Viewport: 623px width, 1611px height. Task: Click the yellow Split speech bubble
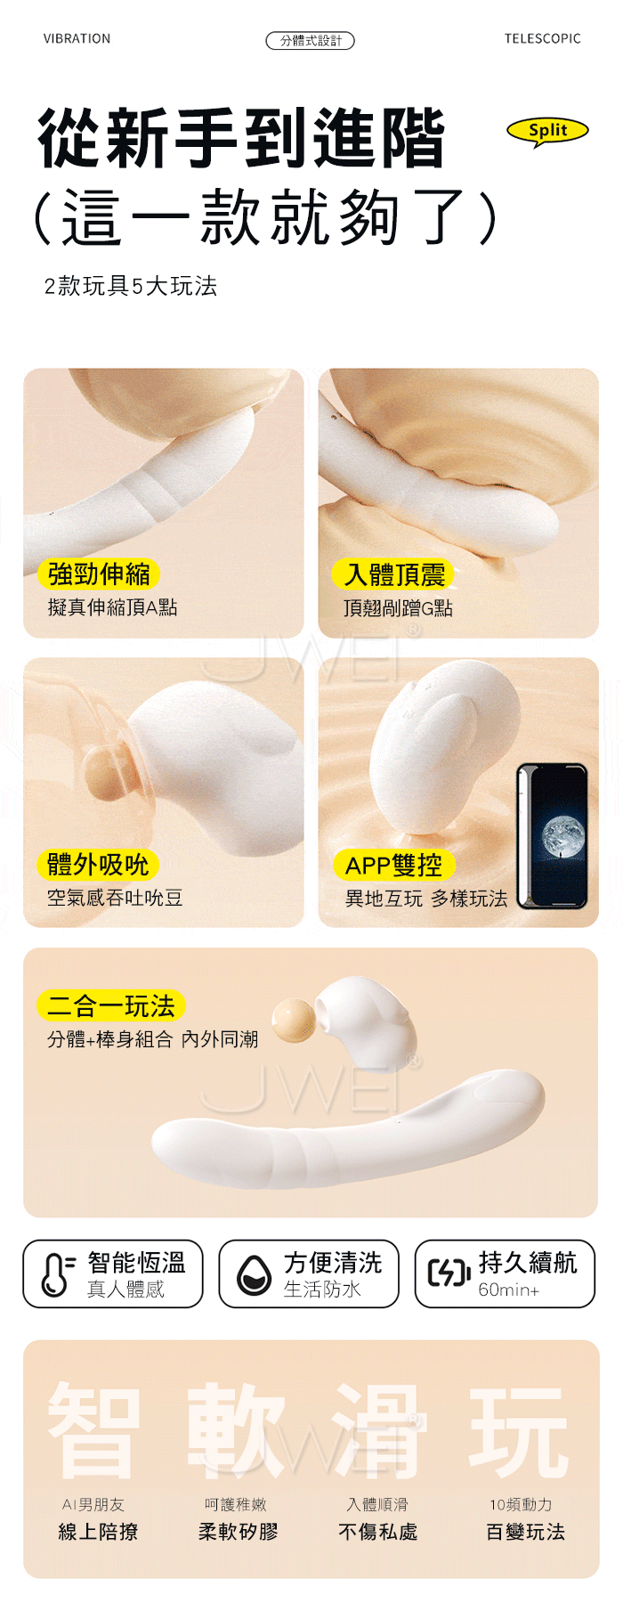pos(547,131)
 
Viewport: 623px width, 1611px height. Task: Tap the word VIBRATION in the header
pos(77,39)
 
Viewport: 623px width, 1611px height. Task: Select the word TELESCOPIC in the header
pos(542,39)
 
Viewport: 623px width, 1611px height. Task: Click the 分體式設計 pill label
pos(311,40)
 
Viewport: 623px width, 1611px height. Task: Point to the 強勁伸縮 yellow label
pos(99,574)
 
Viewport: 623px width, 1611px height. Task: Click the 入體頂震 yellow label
pos(394,574)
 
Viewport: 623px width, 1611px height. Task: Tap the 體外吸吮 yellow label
pos(98,864)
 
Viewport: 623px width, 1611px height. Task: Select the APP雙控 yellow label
pos(393,865)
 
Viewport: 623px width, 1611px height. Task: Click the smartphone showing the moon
pos(552,835)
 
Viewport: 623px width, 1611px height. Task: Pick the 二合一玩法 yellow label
pos(111,1006)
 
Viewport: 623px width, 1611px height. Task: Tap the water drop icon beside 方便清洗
pos(254,1274)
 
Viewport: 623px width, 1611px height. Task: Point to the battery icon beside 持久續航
pos(449,1273)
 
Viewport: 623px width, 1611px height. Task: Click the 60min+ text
pos(508,1290)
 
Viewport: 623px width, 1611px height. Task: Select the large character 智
pos(93,1431)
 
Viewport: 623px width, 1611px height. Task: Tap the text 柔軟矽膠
pos(238,1532)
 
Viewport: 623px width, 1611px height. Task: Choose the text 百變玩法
pos(525,1532)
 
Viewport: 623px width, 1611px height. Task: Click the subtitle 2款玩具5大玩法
pos(131,286)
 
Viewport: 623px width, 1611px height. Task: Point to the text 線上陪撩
pos(98,1532)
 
